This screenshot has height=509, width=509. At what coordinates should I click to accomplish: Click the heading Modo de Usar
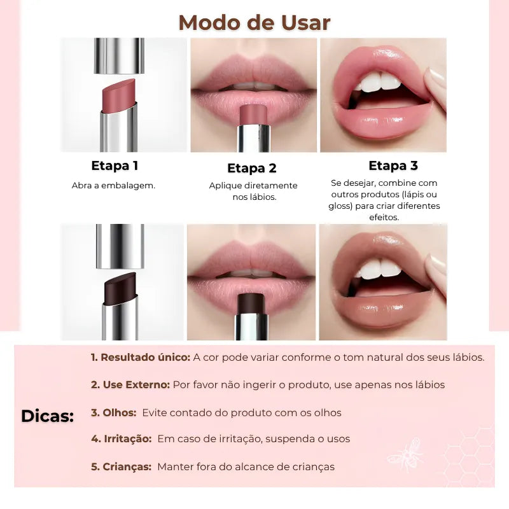254,22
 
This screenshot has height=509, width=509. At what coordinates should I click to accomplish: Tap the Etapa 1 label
115,166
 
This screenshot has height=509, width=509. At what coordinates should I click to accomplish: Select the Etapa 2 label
252,169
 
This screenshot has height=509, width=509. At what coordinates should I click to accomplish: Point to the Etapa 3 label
393,166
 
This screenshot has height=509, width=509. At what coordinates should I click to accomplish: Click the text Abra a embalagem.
113,186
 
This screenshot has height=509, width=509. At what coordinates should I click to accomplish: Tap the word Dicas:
48,417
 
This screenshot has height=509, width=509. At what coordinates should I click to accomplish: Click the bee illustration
406,452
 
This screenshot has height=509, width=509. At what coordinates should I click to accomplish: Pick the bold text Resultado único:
141,358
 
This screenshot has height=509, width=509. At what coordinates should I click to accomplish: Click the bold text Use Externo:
130,385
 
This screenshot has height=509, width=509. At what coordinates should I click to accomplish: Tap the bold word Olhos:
114,413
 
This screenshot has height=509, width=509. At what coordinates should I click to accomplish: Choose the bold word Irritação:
121,439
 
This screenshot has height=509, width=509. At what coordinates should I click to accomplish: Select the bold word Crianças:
121,467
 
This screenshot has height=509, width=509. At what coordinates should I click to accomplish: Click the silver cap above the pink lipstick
119,55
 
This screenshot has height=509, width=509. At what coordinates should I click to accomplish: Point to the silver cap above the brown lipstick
119,246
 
